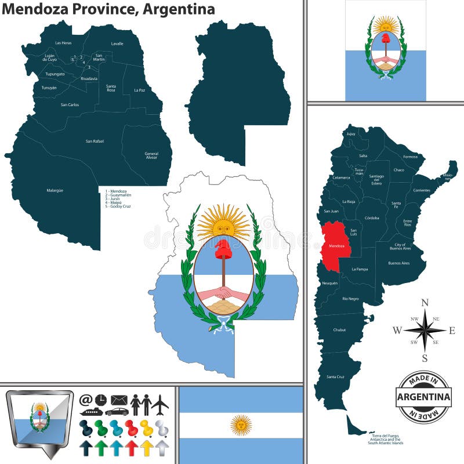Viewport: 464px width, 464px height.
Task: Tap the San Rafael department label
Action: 95,141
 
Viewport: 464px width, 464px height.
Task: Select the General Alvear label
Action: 151,155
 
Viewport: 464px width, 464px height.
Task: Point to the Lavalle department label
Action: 117,43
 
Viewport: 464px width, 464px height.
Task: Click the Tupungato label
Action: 55,74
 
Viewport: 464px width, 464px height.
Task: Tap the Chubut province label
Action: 339,329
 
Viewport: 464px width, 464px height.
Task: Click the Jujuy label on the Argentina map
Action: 350,133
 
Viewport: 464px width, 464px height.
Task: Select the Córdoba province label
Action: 371,217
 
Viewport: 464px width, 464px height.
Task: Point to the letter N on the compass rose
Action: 425,302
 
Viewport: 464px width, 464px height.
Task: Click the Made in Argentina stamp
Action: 423,397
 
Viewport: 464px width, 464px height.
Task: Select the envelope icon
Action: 119,400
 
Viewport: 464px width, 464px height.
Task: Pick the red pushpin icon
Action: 132,427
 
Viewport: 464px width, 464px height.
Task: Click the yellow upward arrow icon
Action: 147,447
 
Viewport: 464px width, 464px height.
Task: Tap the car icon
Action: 117,412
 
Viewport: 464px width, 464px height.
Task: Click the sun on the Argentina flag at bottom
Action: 241,425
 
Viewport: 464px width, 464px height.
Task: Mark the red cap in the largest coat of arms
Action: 223,250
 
